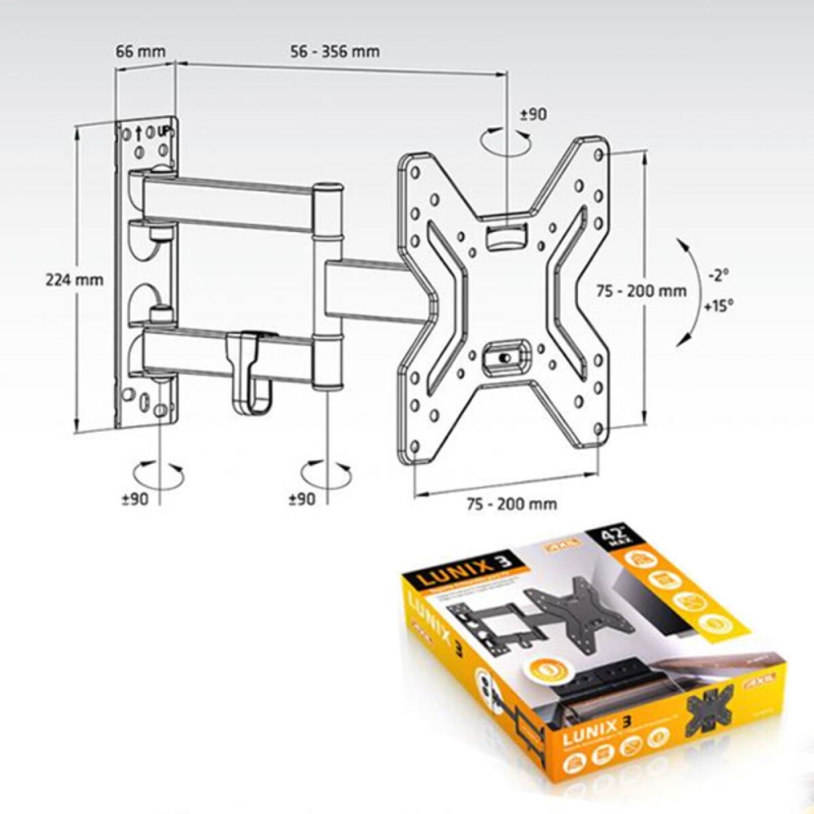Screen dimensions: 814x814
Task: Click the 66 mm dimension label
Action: [140, 51]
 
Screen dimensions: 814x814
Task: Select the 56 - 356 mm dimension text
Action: [334, 51]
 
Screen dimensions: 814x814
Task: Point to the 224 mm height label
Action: [74, 279]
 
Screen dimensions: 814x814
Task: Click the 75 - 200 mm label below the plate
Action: [512, 504]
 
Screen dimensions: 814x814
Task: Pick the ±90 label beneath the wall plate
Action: [134, 499]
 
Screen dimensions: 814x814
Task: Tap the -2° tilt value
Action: [717, 275]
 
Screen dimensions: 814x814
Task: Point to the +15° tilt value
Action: [718, 306]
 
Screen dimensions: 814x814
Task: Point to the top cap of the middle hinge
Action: [327, 189]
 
